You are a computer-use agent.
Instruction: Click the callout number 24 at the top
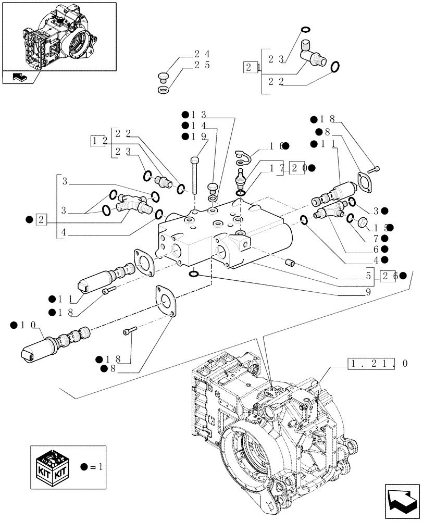(x=202, y=54)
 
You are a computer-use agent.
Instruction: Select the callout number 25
(x=202, y=65)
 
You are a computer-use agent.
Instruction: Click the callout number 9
(x=368, y=293)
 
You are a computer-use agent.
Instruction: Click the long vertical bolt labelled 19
(x=194, y=175)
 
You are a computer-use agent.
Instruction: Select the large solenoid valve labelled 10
(x=54, y=341)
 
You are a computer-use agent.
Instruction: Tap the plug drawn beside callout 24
(x=162, y=79)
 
